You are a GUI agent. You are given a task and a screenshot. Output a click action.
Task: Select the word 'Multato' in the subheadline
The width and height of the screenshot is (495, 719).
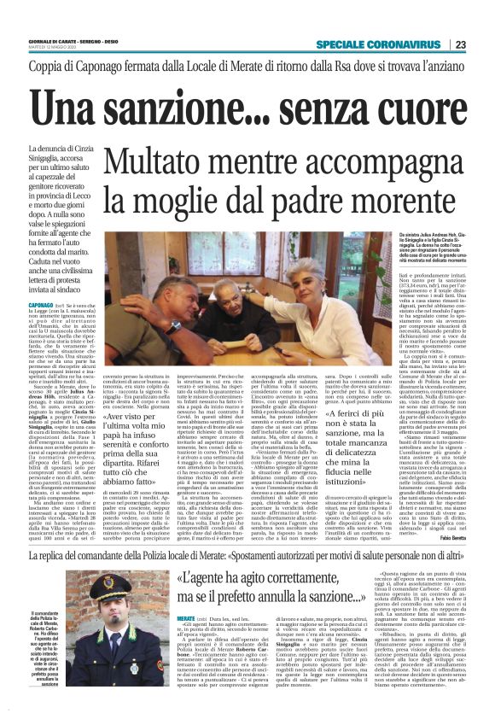(x=155, y=161)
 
